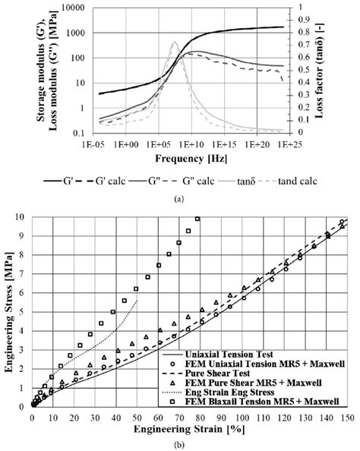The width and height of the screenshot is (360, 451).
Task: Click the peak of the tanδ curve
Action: (x=174, y=43)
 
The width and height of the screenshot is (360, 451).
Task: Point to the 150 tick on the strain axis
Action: (x=348, y=417)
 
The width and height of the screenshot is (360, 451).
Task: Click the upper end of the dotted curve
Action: (x=137, y=301)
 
